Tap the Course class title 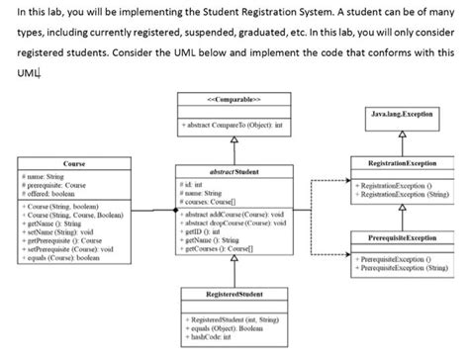click(x=72, y=162)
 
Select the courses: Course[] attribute click(x=214, y=201)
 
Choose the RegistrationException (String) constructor click(x=400, y=194)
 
